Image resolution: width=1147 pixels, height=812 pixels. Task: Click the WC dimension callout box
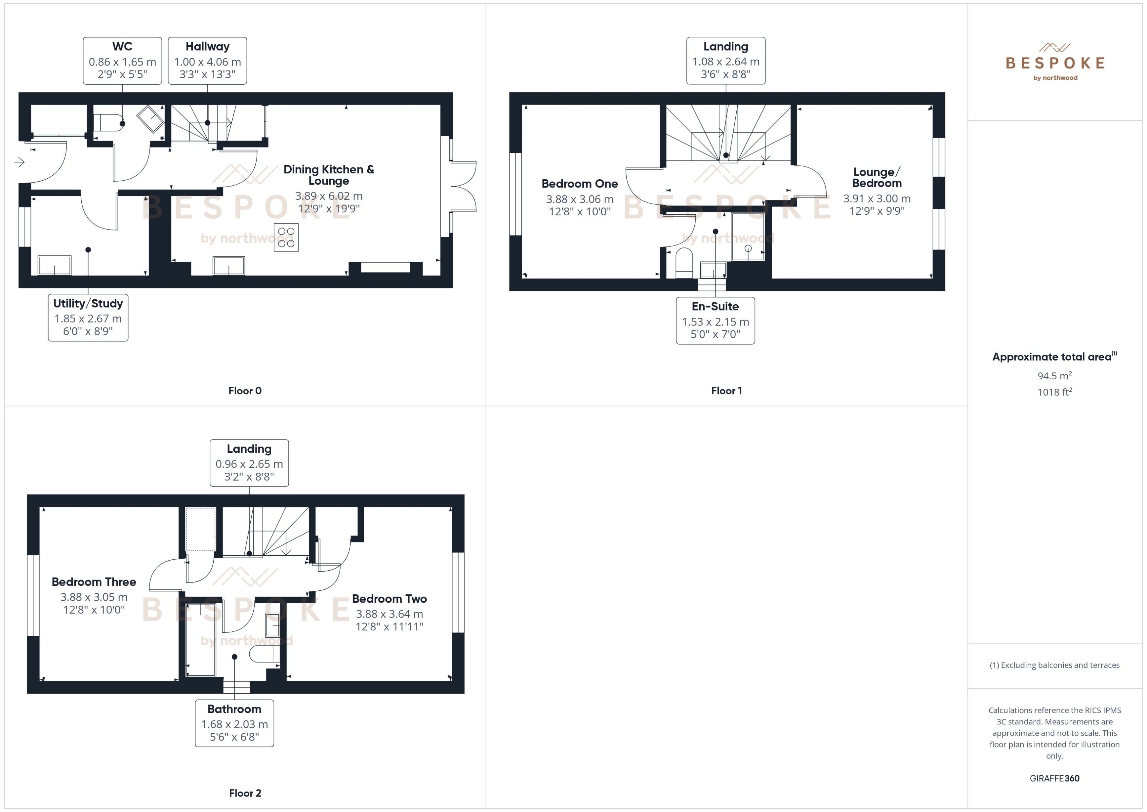(x=123, y=61)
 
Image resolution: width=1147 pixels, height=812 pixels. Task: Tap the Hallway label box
(x=207, y=61)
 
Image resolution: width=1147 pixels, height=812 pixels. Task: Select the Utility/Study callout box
(x=88, y=318)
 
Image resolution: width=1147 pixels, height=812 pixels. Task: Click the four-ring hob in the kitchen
(x=286, y=237)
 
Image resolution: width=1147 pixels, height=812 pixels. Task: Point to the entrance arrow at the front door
(x=19, y=162)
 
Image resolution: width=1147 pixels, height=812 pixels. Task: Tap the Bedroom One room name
(x=579, y=184)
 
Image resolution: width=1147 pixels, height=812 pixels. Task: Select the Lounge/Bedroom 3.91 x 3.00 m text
(x=877, y=199)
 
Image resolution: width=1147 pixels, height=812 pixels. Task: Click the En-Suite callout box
(x=715, y=321)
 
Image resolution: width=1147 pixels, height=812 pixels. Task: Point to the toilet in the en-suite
(x=684, y=263)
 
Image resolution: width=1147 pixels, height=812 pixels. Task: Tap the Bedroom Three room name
(x=94, y=582)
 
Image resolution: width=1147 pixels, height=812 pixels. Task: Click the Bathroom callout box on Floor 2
(x=234, y=723)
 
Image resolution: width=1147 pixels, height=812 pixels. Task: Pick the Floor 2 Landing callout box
(x=249, y=463)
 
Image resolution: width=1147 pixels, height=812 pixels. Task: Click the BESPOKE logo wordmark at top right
(x=1055, y=63)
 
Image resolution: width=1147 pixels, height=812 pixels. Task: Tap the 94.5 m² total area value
(x=1054, y=375)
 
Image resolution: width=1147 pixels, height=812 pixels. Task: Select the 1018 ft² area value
(x=1054, y=392)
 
